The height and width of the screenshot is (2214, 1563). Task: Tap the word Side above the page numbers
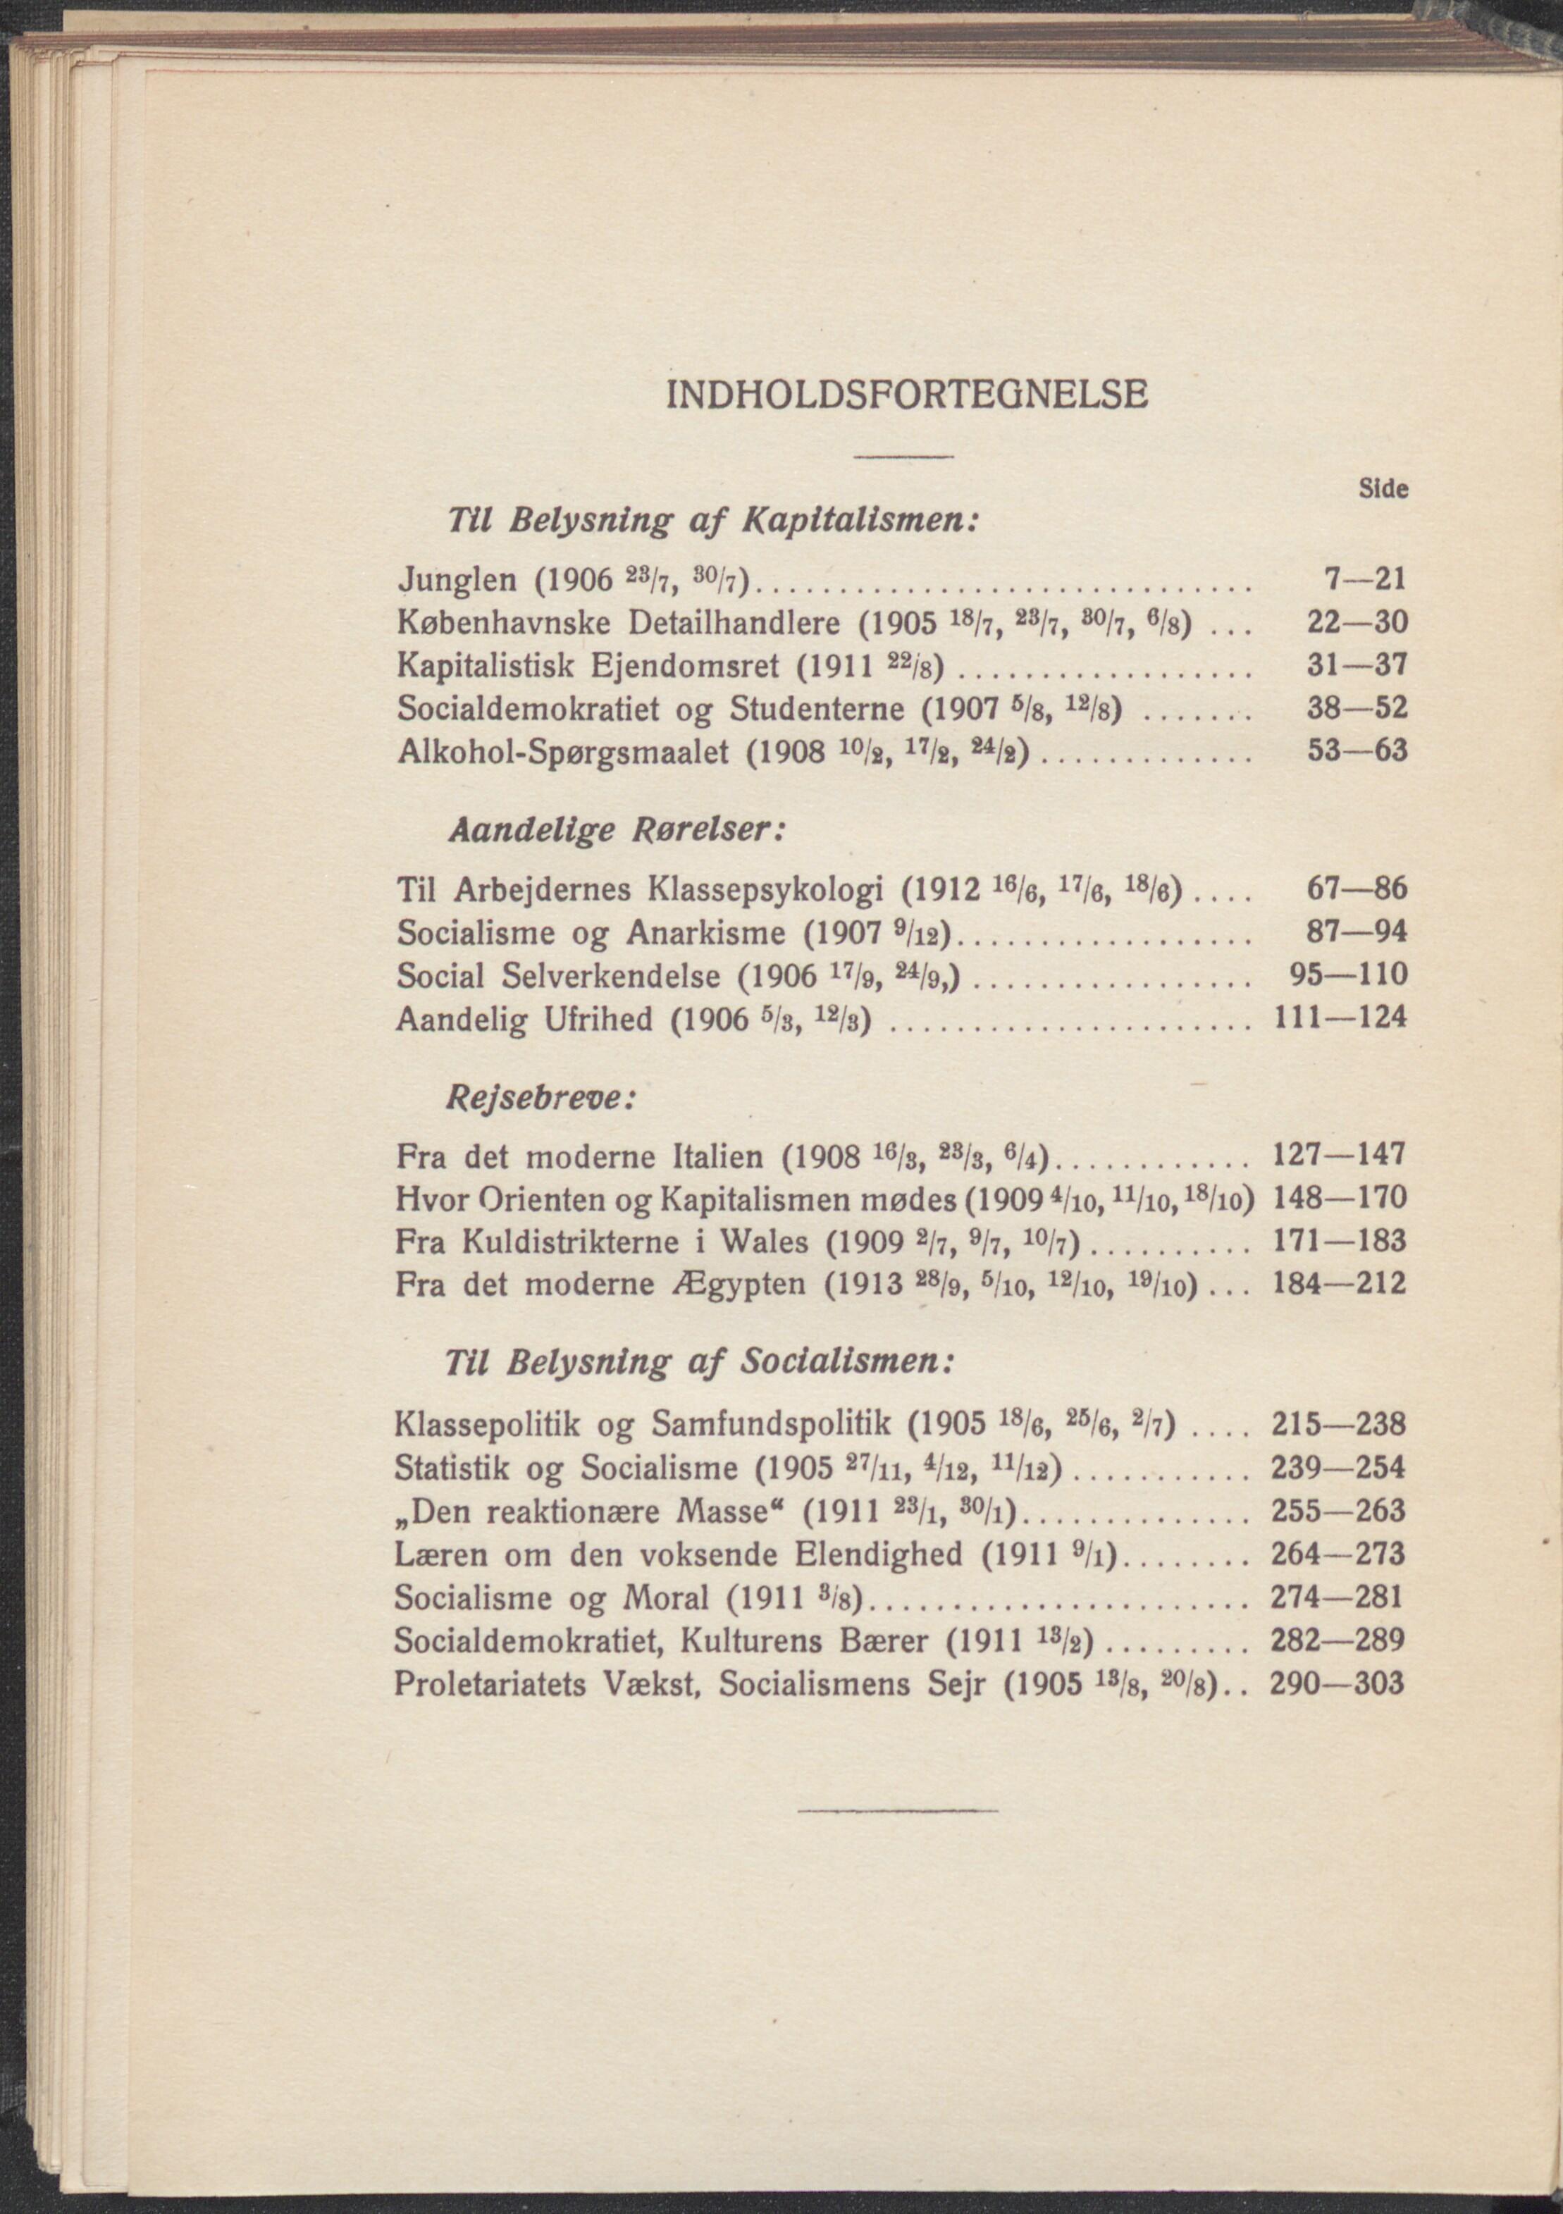tap(1383, 489)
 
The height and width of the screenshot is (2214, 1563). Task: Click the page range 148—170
tap(1340, 1199)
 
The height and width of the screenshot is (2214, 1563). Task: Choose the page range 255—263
tap(1338, 1510)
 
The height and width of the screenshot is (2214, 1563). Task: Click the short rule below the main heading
tap(903, 456)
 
